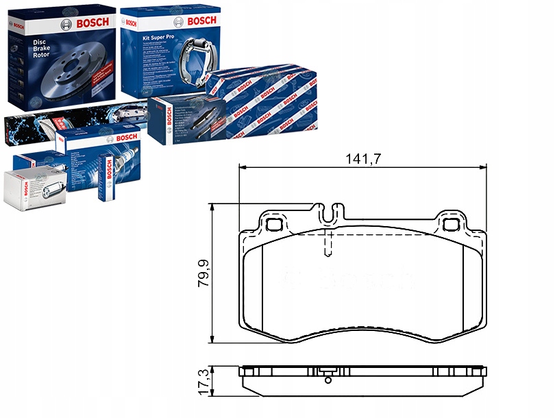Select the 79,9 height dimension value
tap(203, 273)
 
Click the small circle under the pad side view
tap(328, 380)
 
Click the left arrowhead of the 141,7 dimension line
tap(241, 167)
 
